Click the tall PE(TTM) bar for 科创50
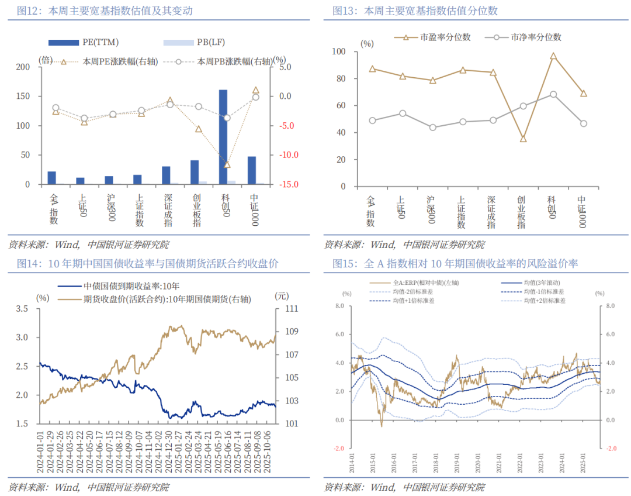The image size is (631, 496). [x=223, y=137]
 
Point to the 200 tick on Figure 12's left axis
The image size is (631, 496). [x=23, y=67]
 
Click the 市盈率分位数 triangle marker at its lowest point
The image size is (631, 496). [x=523, y=139]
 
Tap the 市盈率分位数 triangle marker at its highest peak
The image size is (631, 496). [x=553, y=57]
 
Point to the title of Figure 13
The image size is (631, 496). [x=415, y=11]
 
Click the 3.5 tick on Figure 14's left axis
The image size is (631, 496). [x=23, y=309]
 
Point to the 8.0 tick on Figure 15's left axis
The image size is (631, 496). [x=339, y=306]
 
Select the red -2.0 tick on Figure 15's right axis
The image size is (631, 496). [x=611, y=449]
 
